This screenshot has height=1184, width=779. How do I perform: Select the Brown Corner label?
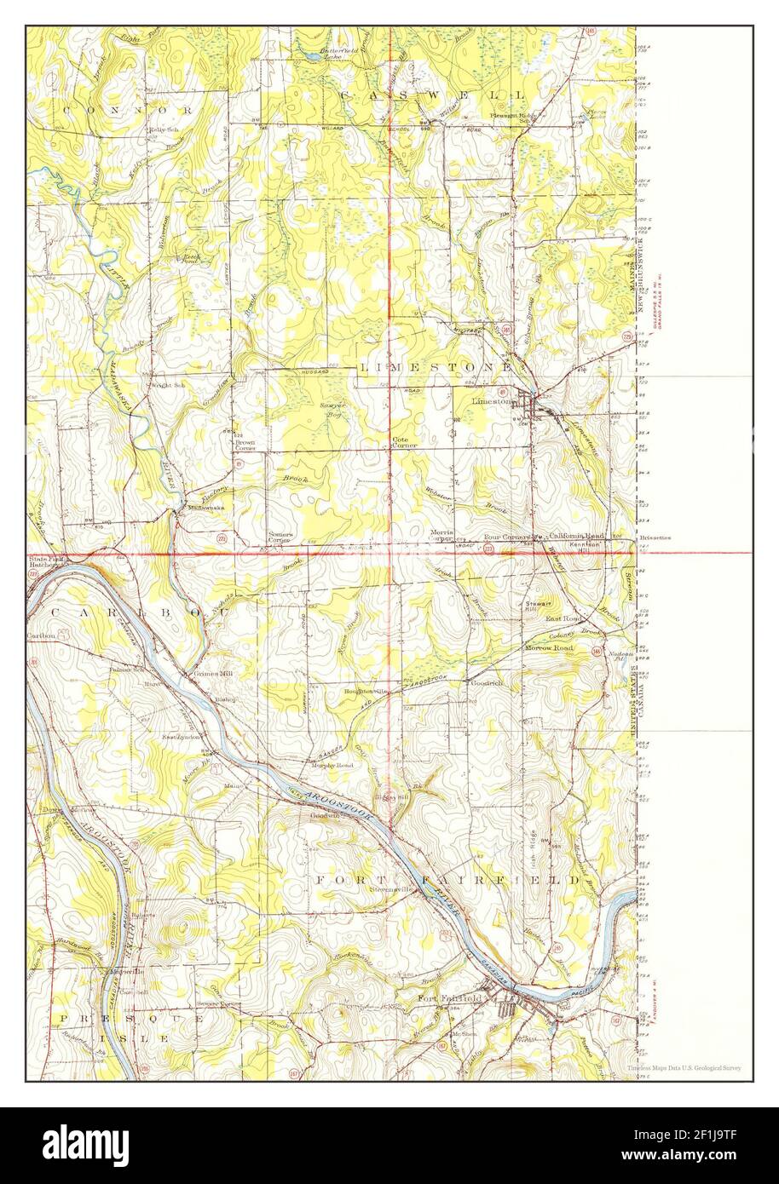tap(245, 445)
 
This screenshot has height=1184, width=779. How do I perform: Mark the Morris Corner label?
tap(440, 536)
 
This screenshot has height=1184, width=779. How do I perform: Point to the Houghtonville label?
tap(367, 691)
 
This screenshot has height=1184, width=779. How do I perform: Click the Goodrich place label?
tap(485, 683)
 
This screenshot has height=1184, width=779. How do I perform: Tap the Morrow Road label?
tap(546, 649)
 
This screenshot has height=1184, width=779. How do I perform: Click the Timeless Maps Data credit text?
tap(683, 1067)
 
